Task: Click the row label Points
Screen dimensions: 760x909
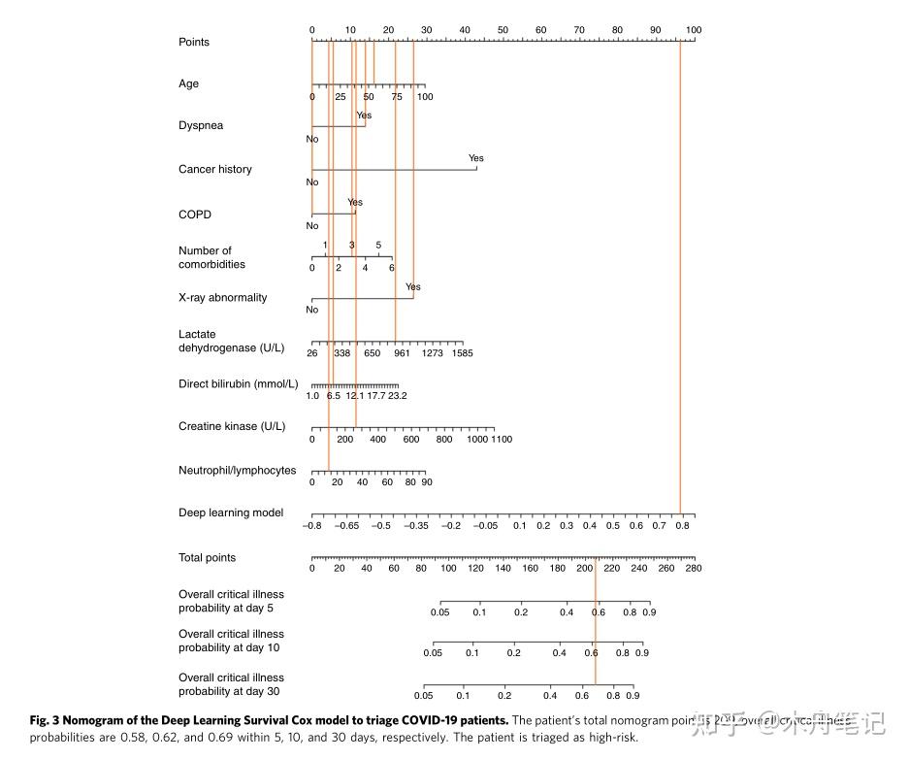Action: [194, 42]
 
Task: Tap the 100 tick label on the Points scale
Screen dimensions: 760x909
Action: [693, 30]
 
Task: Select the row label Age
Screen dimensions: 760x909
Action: [188, 83]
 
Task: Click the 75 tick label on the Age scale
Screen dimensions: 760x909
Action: [397, 97]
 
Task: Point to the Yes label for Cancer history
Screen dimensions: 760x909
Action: [475, 158]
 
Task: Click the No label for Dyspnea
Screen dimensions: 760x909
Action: [312, 139]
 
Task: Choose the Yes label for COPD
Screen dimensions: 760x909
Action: [355, 203]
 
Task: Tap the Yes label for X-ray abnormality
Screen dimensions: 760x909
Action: [413, 287]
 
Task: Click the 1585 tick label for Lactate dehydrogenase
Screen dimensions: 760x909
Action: [462, 353]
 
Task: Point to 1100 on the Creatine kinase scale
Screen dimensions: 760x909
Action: [502, 440]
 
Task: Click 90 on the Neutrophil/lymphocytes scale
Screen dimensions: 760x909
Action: [426, 482]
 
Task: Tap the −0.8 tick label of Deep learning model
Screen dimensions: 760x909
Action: [312, 525]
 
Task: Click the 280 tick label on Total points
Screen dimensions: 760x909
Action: [693, 568]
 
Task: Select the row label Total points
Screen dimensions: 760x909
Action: [207, 558]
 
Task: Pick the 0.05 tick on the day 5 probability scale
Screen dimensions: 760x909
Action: [440, 612]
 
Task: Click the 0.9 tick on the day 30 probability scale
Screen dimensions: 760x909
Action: [633, 696]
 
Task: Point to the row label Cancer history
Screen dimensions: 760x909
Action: [214, 169]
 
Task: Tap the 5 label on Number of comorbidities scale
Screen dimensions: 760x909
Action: [378, 245]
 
